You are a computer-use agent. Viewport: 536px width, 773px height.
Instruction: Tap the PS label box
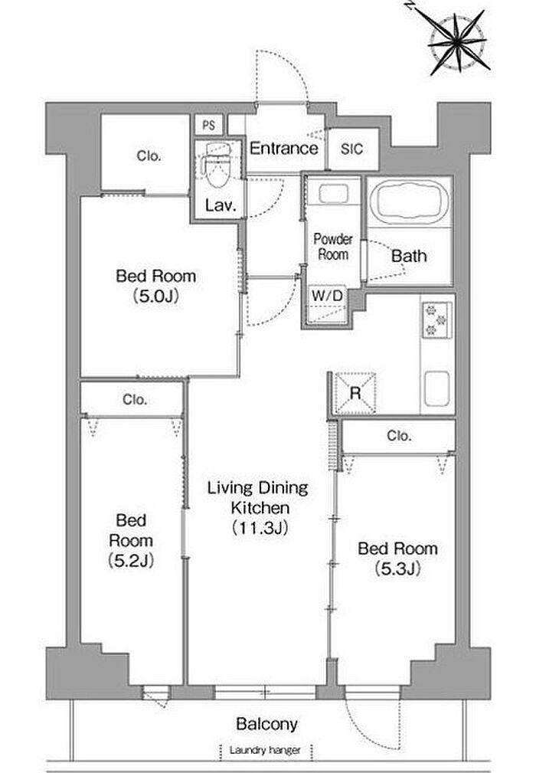[209, 125]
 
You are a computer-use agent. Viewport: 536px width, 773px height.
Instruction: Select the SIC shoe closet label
[351, 149]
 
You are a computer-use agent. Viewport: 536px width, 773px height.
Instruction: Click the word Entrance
[284, 148]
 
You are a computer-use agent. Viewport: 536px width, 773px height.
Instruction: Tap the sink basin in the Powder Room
[334, 193]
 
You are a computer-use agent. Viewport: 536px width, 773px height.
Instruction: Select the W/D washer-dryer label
[327, 296]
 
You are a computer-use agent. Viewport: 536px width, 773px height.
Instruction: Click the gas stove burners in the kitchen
[436, 319]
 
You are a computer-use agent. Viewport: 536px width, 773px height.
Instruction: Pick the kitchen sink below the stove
[436, 388]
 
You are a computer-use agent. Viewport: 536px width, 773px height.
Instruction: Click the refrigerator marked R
[355, 393]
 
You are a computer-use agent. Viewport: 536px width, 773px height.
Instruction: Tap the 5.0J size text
[155, 296]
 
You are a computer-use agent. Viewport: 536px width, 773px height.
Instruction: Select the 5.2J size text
[130, 561]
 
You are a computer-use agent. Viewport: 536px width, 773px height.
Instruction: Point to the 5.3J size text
[397, 569]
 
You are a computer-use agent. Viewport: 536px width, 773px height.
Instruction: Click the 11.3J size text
[260, 528]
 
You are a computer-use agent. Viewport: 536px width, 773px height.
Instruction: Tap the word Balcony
[266, 724]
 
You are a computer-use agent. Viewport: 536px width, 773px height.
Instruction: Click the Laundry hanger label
[264, 750]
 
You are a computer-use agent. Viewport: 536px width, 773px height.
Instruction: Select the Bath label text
[409, 256]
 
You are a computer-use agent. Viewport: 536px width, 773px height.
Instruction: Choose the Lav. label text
[221, 205]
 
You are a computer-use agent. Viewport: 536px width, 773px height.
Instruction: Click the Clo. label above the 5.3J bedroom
[399, 436]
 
